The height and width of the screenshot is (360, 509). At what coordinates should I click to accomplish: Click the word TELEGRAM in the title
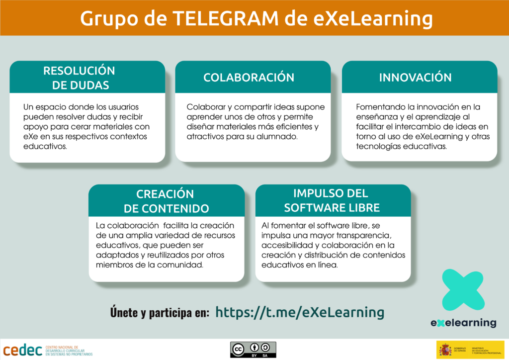(x=226, y=18)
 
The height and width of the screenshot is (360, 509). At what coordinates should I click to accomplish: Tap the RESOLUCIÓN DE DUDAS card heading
(x=80, y=78)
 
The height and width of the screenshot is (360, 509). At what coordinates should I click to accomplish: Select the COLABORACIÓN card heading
(x=249, y=78)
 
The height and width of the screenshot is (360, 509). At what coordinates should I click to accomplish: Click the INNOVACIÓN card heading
(x=415, y=78)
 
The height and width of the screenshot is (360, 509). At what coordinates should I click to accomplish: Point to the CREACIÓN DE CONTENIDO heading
(x=166, y=201)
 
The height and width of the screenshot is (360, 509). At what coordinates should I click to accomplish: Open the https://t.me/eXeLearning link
(x=300, y=312)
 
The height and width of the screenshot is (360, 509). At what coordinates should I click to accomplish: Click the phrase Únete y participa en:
(x=160, y=313)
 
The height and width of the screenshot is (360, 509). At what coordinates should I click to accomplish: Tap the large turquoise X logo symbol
(x=463, y=290)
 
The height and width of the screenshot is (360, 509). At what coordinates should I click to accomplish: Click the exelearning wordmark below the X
(x=463, y=323)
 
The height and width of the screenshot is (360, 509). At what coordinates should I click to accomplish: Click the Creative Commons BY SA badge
(x=253, y=350)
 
